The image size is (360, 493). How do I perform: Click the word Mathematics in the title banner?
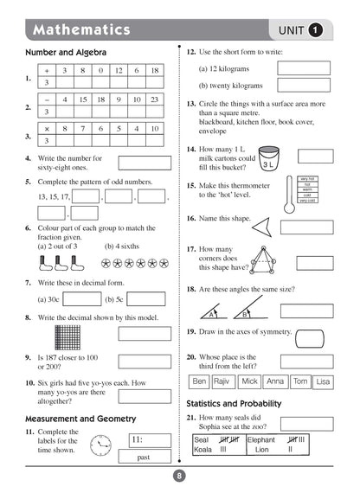(x=81, y=30)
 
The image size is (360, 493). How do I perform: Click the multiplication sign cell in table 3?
(x=47, y=129)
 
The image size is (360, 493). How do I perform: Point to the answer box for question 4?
(x=144, y=163)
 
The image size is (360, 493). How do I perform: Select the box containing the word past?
(x=144, y=456)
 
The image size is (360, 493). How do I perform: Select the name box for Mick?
(x=250, y=381)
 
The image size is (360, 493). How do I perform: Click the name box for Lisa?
(x=323, y=381)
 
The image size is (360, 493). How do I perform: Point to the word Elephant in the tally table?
(x=260, y=439)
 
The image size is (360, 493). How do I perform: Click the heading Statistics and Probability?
(x=234, y=403)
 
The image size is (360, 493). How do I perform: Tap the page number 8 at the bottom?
(x=179, y=475)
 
